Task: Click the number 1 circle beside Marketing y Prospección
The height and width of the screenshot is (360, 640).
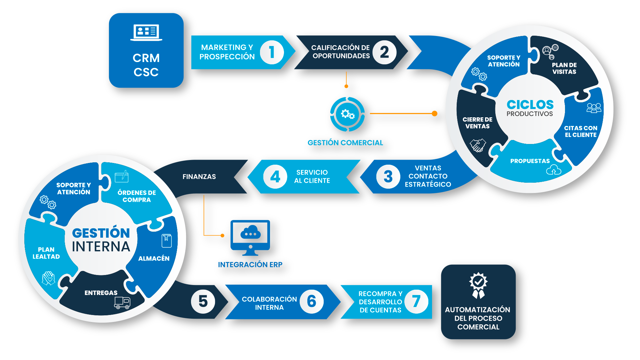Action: pos(272,52)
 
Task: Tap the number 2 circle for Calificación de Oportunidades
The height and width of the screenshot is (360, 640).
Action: pos(384,52)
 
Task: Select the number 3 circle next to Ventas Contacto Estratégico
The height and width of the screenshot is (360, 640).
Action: pos(388,177)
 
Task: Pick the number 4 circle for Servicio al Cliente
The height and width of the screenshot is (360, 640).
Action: pos(275,177)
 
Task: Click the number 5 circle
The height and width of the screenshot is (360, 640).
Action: pos(203,301)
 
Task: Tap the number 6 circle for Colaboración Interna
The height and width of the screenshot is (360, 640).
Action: pos(311,301)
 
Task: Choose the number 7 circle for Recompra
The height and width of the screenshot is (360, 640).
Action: pos(416,301)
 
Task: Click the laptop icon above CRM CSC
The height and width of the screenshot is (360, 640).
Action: pos(146,33)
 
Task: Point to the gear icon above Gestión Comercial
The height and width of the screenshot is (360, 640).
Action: pos(347,114)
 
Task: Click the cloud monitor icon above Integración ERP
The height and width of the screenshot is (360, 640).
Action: pos(250,235)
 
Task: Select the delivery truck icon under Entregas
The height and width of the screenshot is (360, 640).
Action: pos(122,303)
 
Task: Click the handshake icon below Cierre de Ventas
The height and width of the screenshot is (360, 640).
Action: pos(478,145)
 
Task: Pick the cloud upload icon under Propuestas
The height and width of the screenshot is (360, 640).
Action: pos(554,170)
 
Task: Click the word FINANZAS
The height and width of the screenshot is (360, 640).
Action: pos(199,177)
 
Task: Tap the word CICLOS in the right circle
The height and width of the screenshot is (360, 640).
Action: pos(530,105)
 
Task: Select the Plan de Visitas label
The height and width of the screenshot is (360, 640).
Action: pos(564,68)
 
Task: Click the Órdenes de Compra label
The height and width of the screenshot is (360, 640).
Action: pos(137,196)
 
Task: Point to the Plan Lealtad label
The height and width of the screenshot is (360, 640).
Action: pos(46,253)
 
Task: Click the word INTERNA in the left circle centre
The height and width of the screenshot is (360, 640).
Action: pos(101,247)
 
